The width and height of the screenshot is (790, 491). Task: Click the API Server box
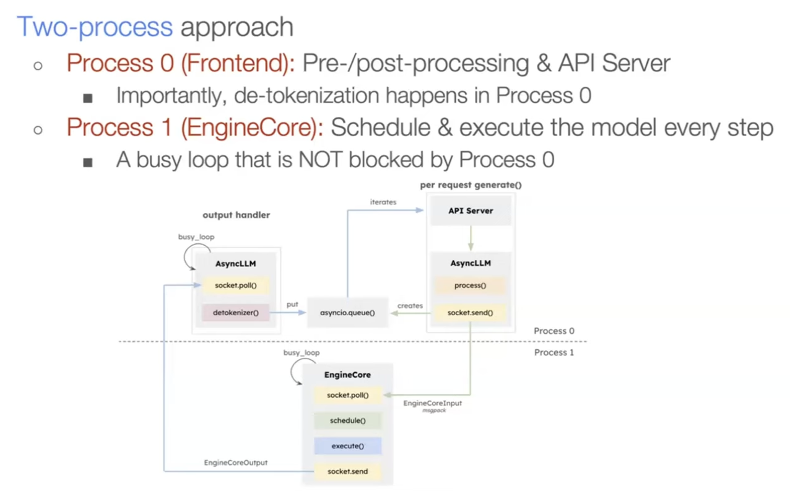471,211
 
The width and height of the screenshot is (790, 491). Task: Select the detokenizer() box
235,313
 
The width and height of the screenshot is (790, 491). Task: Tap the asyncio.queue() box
347,313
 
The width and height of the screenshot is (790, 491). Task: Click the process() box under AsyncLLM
471,286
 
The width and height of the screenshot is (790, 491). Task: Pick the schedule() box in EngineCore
347,421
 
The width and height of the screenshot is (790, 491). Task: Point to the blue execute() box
347,446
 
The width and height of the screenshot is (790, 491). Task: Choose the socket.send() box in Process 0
471,313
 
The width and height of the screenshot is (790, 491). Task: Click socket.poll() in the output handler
235,286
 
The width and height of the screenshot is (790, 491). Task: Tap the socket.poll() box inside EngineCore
347,395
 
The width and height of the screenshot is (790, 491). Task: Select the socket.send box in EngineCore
347,472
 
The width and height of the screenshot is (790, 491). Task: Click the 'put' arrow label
292,305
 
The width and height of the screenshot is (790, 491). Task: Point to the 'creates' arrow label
410,306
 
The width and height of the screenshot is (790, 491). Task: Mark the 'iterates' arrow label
383,202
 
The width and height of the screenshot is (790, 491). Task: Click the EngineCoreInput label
433,404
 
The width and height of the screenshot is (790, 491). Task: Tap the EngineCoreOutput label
236,463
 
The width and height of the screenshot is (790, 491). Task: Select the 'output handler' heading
236,215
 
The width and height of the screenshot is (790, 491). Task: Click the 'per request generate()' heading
467,185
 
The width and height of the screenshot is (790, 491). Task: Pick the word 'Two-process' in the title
94,27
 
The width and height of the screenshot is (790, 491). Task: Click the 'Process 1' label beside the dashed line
554,352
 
